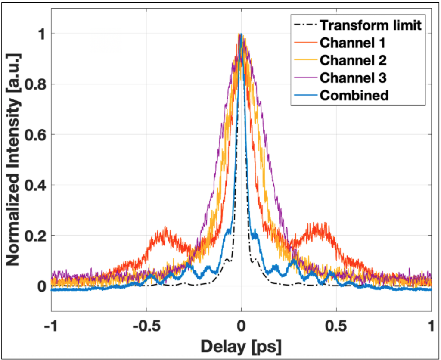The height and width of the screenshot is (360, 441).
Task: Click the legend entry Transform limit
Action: coord(369,25)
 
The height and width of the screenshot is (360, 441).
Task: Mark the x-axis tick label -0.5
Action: coord(146,325)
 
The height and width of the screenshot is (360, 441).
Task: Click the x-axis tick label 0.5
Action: coord(336,325)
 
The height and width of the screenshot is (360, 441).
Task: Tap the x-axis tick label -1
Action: coord(51,325)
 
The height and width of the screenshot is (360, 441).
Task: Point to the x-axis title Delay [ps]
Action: coord(241,345)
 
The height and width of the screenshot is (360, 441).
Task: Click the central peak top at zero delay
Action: coord(241,34)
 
